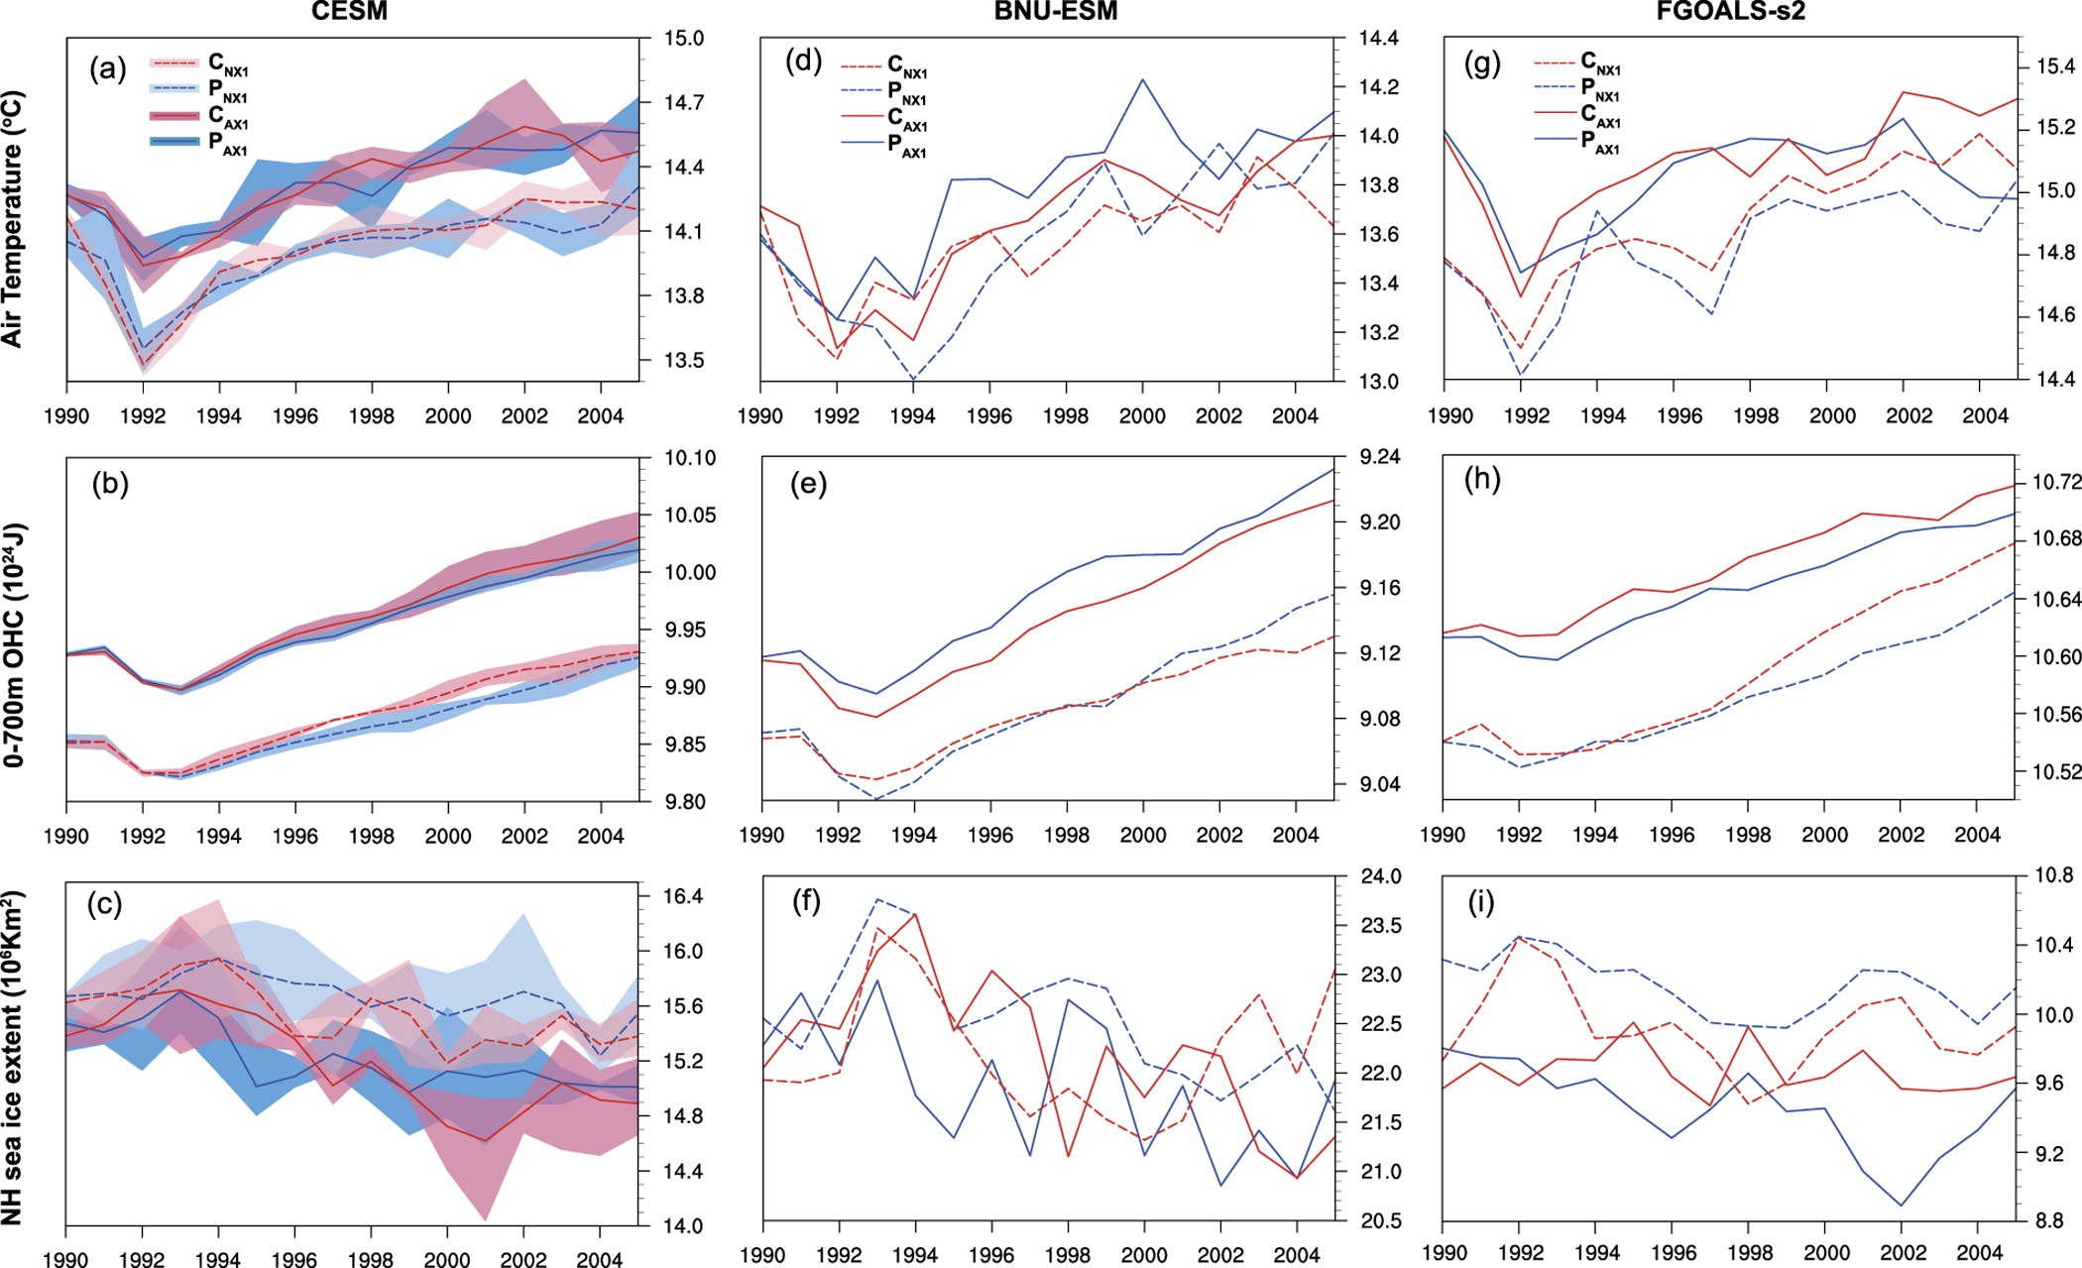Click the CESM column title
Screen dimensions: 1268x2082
349,12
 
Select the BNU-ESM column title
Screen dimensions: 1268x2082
1055,12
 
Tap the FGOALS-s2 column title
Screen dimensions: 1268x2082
1730,12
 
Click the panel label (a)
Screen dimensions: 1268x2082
107,69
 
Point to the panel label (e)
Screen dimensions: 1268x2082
808,484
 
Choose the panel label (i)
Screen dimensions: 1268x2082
1481,903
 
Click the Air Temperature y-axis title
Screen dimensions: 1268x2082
13,219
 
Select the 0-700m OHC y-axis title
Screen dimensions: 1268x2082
13,644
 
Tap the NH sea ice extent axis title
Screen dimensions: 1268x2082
13,1057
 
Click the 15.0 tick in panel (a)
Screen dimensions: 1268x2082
684,39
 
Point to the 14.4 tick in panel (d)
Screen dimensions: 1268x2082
1378,39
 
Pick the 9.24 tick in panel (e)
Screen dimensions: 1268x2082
1380,457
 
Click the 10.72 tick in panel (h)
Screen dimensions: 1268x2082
2056,483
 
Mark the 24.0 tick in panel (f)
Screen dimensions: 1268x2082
1381,876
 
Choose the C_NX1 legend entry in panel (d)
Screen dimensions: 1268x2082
884,66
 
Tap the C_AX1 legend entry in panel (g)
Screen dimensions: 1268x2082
1577,116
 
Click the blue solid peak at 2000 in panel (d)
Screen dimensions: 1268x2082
1143,79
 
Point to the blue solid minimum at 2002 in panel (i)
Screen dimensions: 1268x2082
1902,1206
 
